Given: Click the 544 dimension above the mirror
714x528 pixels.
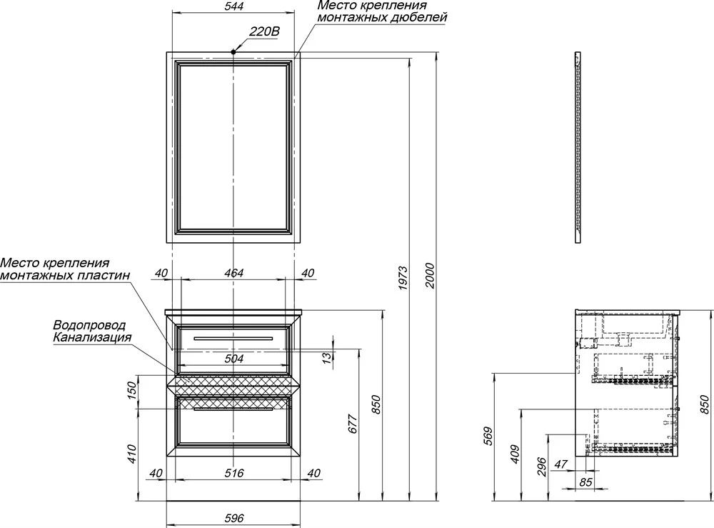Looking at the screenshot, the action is (x=234, y=6).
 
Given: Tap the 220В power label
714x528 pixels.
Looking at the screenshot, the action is (x=264, y=31).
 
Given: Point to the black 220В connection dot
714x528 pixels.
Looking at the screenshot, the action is (x=233, y=52).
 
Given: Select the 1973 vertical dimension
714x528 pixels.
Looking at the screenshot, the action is (x=403, y=279).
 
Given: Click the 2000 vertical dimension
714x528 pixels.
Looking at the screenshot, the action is (x=430, y=276).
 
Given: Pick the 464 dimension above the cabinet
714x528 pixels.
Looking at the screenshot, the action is (x=233, y=273).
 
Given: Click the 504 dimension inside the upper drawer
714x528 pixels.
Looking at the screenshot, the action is (x=234, y=359).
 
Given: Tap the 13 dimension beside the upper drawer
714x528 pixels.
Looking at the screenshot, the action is (x=327, y=359).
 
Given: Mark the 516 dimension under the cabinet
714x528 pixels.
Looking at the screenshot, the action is (x=234, y=473).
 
